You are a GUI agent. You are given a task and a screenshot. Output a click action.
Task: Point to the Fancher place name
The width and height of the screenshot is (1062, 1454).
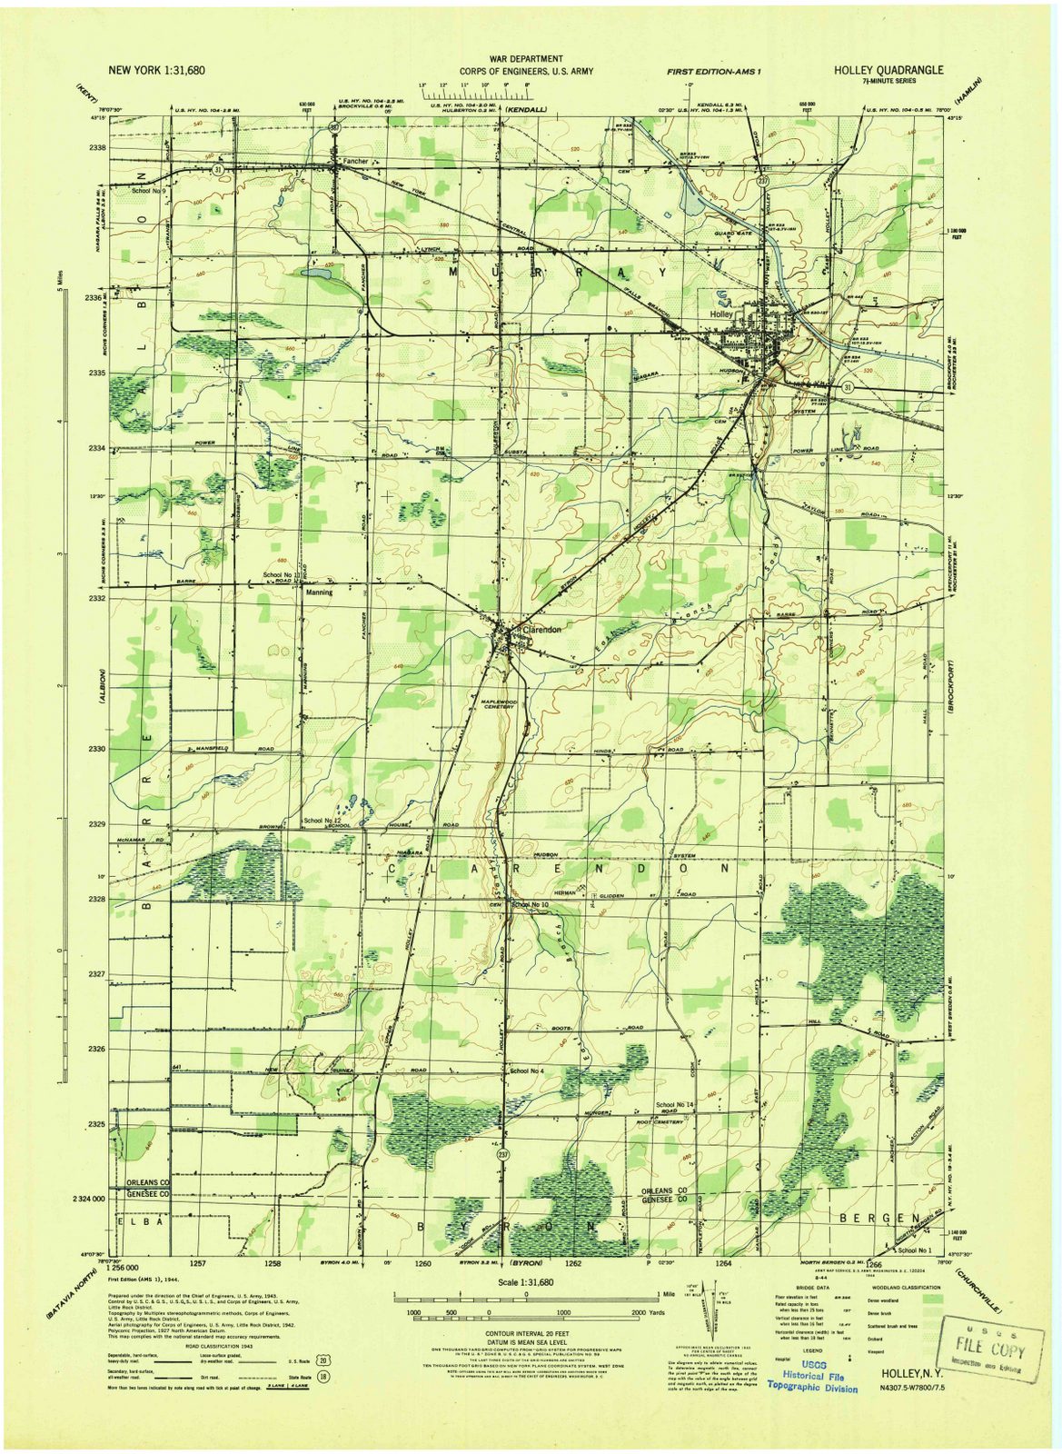(x=355, y=161)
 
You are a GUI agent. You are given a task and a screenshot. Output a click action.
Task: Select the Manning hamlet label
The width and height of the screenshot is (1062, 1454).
(x=319, y=592)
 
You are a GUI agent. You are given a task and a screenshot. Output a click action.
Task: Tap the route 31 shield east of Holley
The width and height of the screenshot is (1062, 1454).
(x=847, y=387)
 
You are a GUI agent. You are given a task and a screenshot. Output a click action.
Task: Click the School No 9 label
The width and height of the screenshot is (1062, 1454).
(x=150, y=191)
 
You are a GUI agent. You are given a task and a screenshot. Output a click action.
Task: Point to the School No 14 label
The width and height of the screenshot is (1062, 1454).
(x=674, y=1104)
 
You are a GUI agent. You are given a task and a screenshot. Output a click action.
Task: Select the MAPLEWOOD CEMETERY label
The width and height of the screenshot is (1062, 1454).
(x=498, y=703)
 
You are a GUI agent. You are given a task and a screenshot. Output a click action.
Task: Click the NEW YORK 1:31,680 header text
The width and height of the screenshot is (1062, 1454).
(x=157, y=69)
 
